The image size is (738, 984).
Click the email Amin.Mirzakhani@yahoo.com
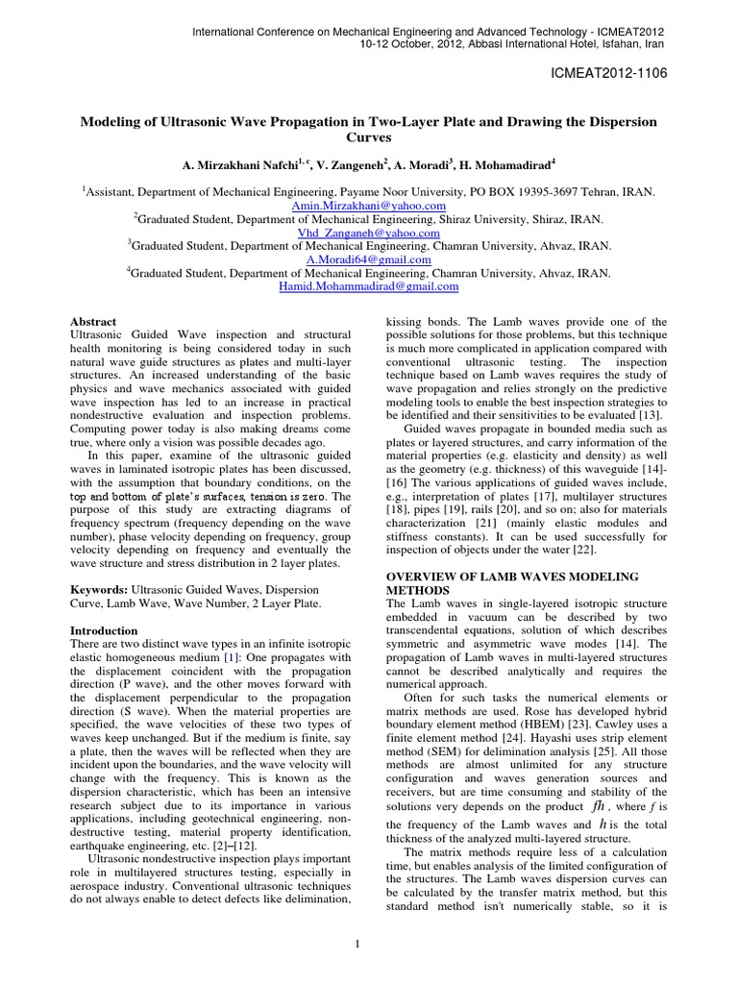(369, 206)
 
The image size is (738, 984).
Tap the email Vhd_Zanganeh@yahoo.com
(369, 233)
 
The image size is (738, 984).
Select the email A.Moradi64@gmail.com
(369, 259)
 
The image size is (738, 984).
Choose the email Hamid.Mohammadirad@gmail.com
(369, 286)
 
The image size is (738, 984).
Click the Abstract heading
(94, 322)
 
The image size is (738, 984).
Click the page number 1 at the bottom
(357, 945)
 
